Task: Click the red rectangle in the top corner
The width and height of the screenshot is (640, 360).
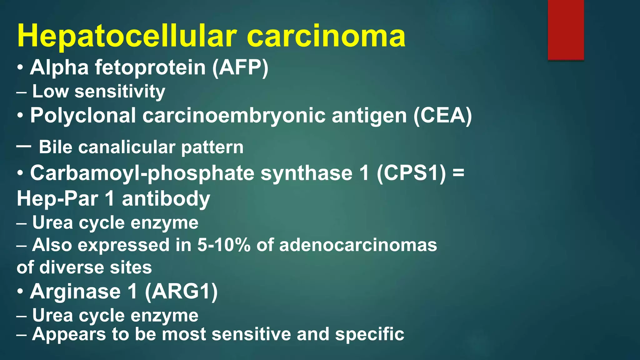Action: (566, 30)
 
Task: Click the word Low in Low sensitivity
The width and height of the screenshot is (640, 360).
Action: (50, 92)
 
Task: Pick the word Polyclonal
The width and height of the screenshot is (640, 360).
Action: (83, 116)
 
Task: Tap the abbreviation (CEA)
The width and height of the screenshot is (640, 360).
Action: (442, 116)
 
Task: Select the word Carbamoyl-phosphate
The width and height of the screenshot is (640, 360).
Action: (142, 173)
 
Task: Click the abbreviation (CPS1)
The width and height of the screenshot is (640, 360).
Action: (411, 173)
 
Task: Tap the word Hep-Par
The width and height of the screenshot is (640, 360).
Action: (57, 199)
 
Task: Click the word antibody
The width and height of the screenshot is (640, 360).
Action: (166, 199)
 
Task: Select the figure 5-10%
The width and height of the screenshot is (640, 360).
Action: (224, 245)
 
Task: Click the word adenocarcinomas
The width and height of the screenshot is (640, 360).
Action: (358, 245)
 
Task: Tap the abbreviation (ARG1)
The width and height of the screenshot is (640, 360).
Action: (181, 292)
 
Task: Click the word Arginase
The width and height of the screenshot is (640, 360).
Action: (75, 292)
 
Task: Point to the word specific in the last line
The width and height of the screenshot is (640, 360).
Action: (370, 334)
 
